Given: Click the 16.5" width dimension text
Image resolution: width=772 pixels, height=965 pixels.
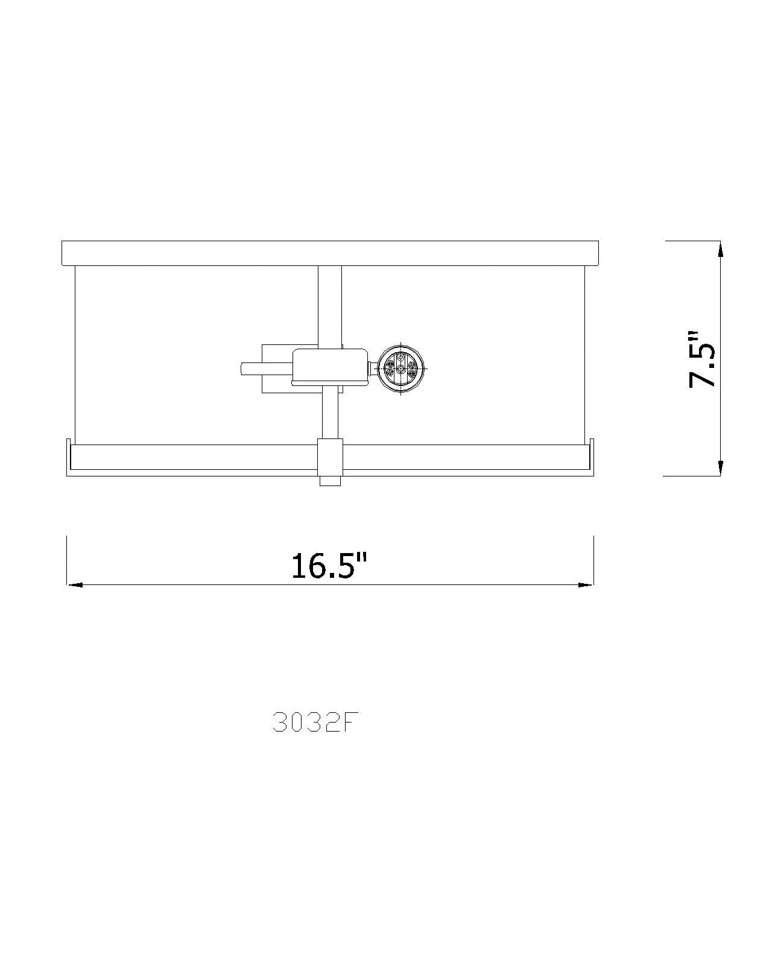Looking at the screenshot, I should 329,565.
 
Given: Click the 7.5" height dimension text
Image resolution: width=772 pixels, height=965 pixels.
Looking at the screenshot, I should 702,359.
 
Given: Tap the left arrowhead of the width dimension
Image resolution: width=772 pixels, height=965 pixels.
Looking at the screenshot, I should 73,584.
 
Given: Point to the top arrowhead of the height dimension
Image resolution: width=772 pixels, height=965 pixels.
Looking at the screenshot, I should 719,248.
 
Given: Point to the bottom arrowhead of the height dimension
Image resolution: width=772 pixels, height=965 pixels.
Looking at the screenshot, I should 719,467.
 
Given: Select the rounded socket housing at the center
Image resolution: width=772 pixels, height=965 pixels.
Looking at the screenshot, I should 329,367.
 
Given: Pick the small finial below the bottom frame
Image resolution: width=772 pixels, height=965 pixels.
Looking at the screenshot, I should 329,481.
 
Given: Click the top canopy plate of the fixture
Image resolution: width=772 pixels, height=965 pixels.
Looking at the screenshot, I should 329,253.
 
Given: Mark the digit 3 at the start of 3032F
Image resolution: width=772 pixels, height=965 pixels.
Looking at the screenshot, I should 279,723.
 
